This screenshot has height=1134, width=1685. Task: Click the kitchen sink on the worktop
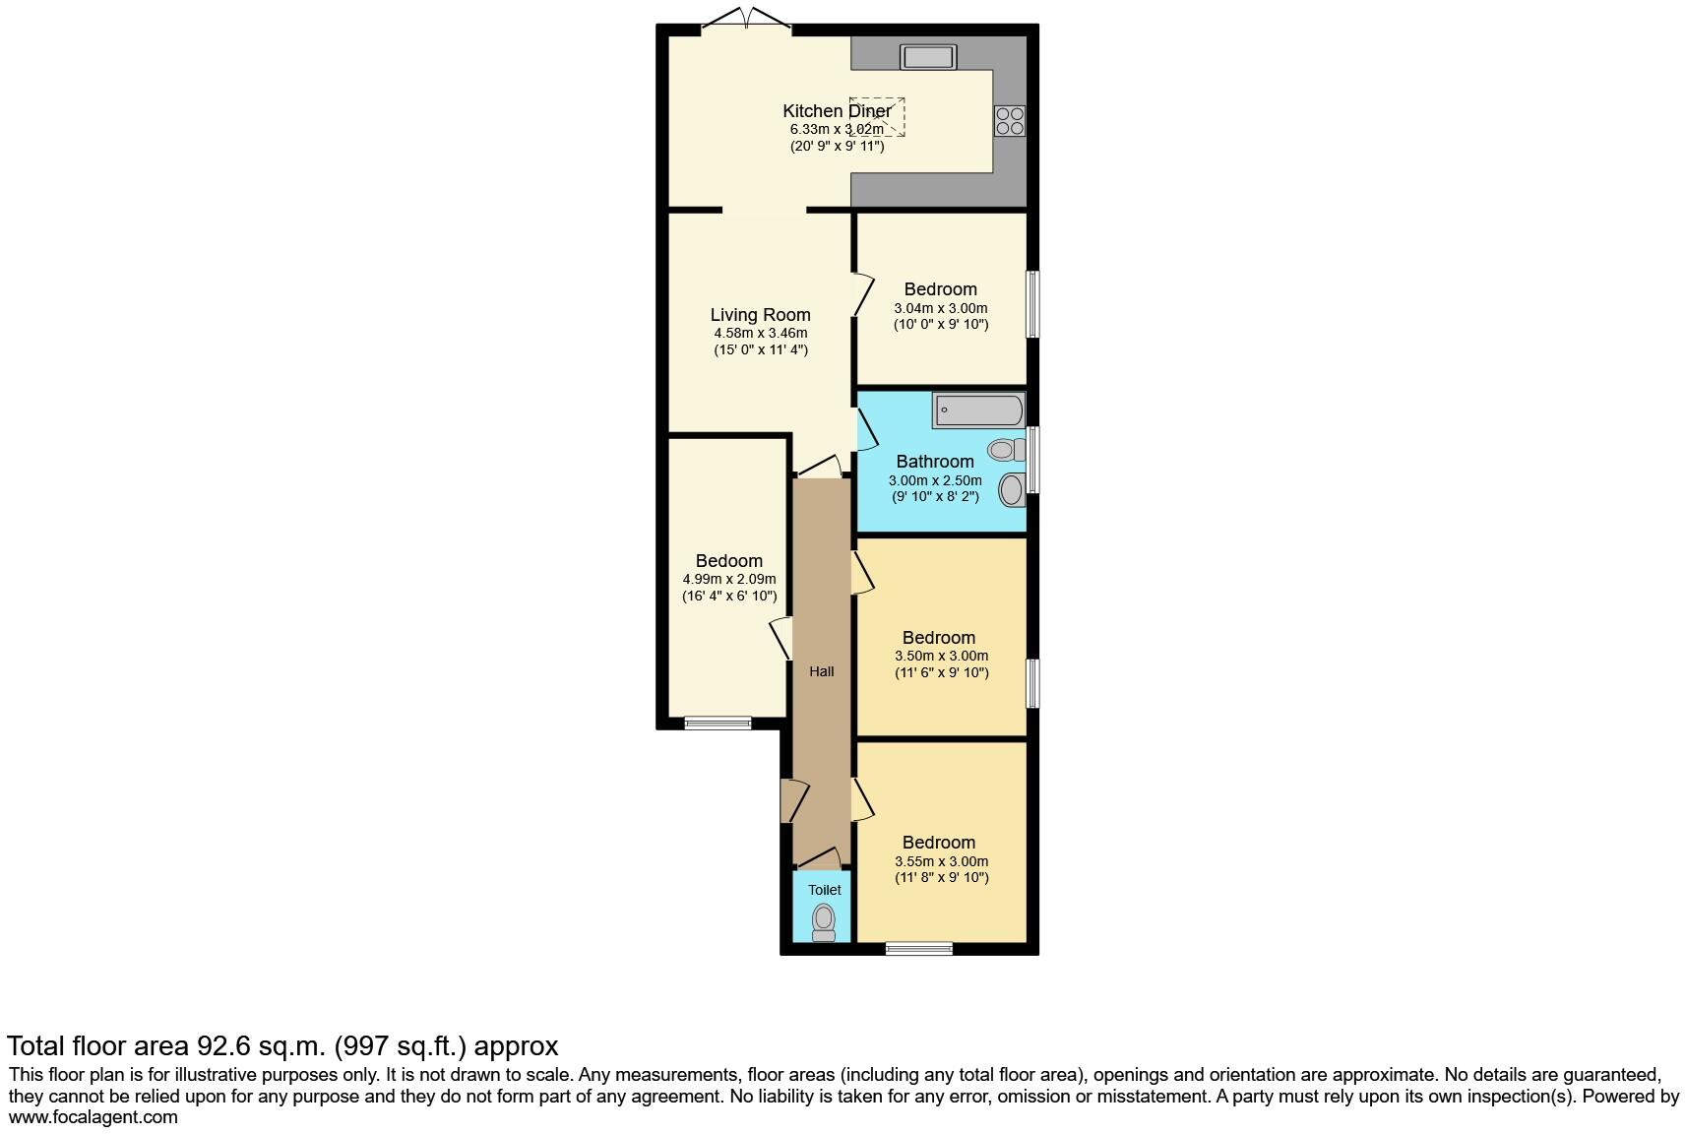click(x=927, y=57)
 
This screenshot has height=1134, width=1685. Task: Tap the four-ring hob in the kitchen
click(x=1010, y=120)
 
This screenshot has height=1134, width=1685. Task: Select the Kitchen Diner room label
click(x=836, y=111)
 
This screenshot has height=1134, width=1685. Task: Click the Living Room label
click(x=760, y=315)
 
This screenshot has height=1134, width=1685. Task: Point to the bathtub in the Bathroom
click(x=978, y=409)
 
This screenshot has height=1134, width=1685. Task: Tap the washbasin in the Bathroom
click(x=1011, y=489)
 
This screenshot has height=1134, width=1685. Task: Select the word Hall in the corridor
click(x=821, y=671)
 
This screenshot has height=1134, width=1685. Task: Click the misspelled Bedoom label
click(x=728, y=561)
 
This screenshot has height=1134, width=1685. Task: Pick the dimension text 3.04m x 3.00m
click(x=940, y=308)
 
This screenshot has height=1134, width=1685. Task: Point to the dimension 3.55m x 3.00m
click(x=941, y=861)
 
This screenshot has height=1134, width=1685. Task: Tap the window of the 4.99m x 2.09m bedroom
click(x=718, y=724)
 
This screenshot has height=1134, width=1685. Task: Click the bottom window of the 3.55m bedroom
click(x=918, y=949)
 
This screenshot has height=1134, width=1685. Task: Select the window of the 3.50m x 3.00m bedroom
click(x=1032, y=683)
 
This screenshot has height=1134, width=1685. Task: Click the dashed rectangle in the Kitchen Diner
click(x=879, y=117)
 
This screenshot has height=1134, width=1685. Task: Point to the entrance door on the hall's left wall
click(x=793, y=800)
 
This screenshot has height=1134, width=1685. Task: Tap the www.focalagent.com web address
click(x=94, y=1116)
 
